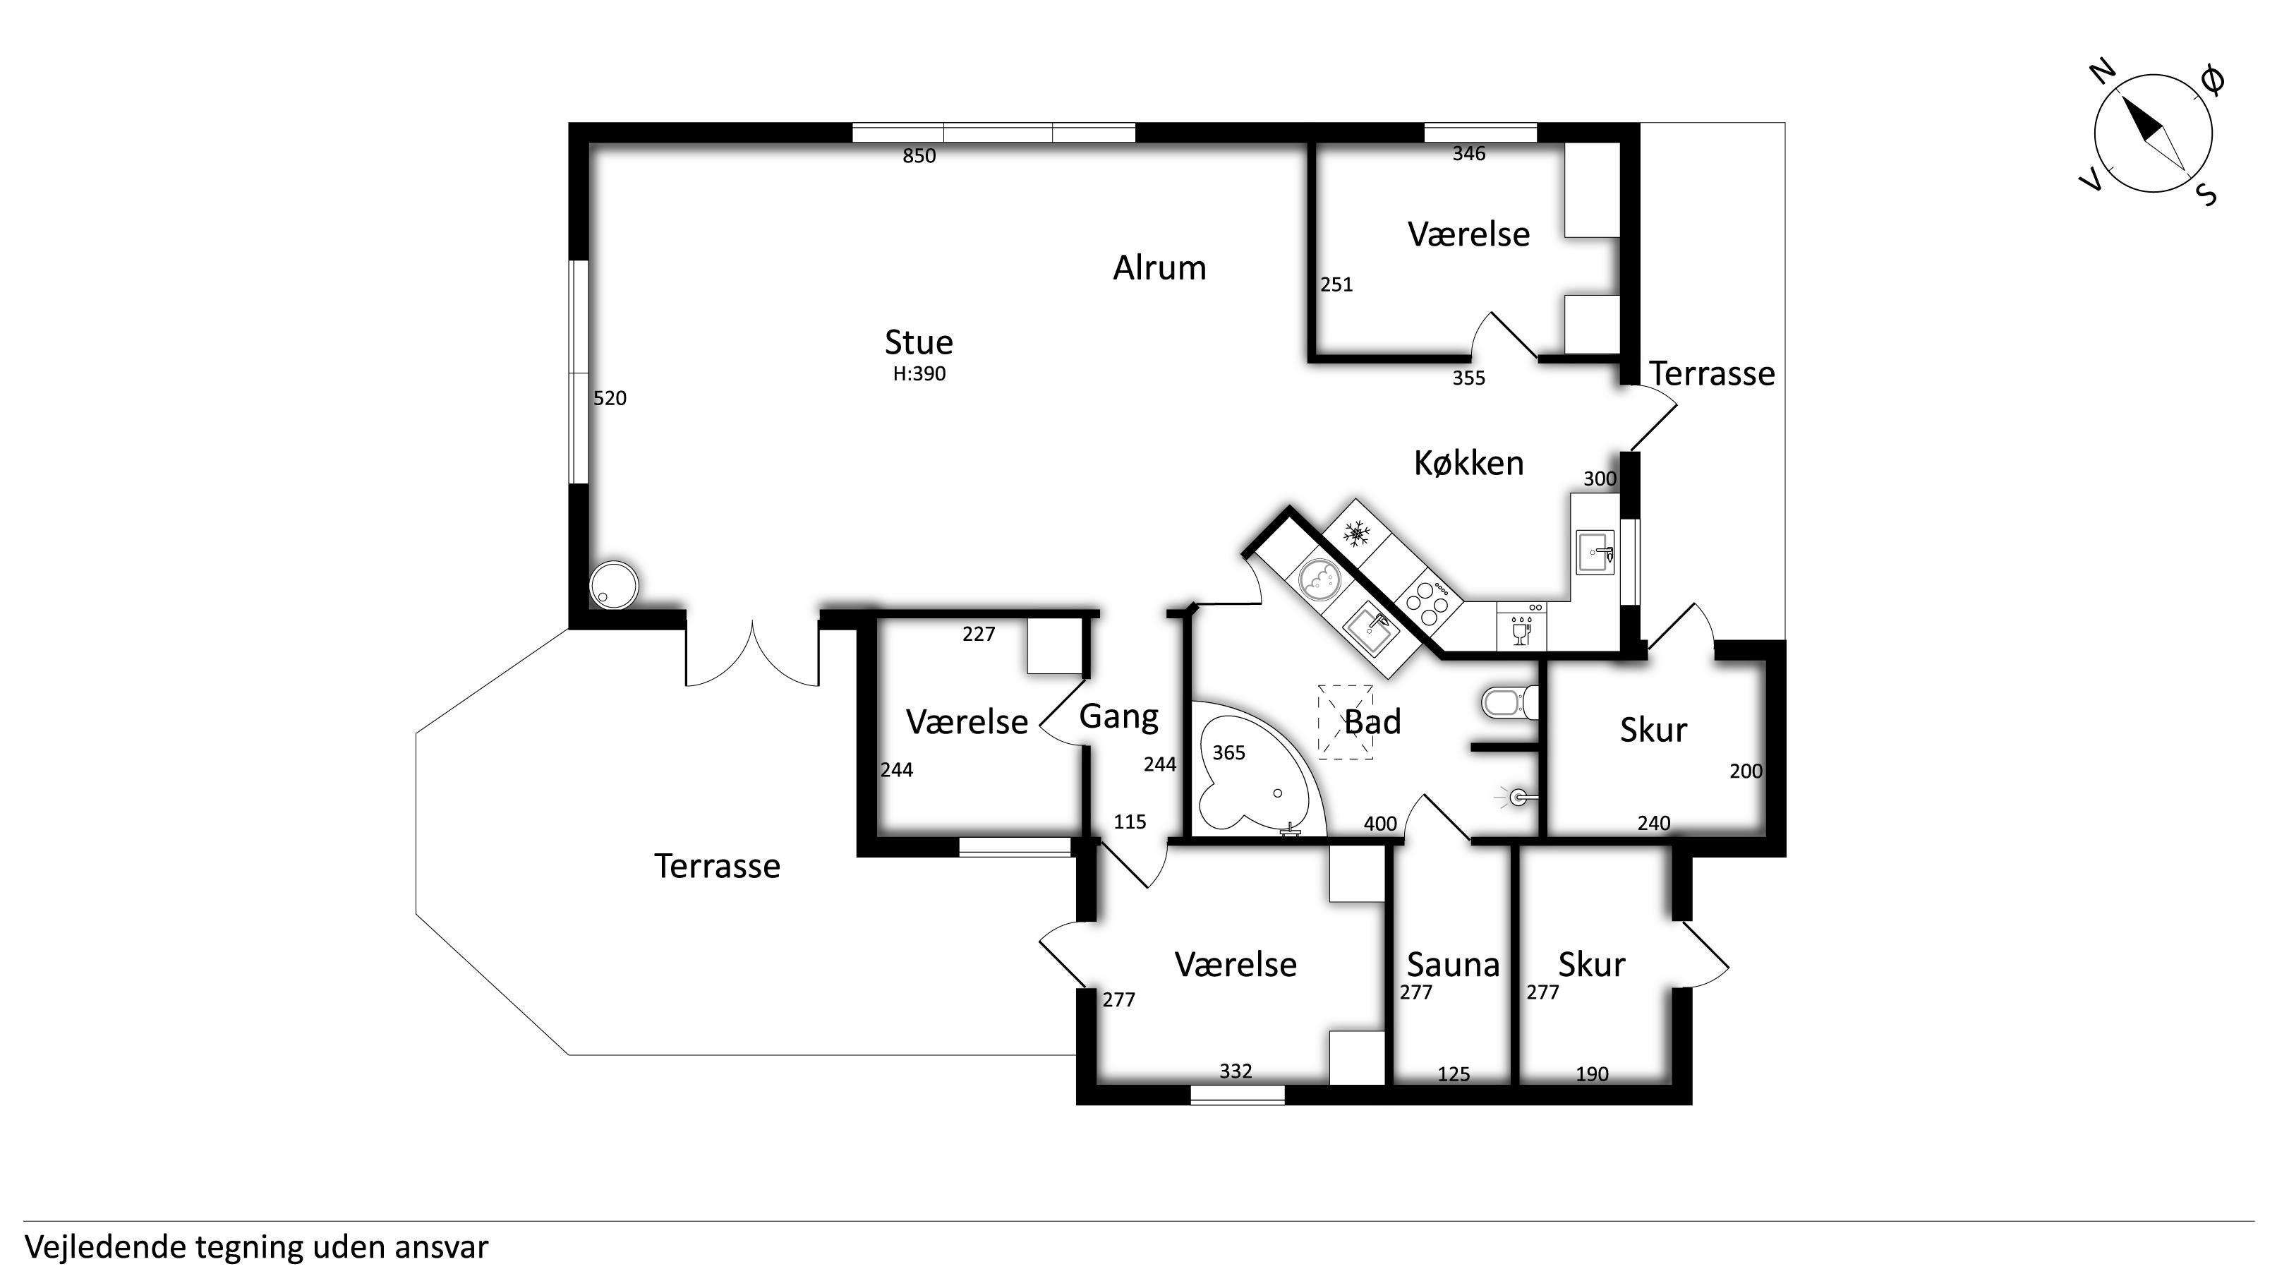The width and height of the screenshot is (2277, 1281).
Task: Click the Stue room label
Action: pos(919,342)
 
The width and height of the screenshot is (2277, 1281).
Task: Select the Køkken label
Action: pos(1468,462)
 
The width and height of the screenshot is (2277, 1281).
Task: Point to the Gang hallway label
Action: pos(1118,717)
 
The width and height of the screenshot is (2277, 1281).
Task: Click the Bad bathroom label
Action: pos(1372,721)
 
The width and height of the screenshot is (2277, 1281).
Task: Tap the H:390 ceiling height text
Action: pos(919,374)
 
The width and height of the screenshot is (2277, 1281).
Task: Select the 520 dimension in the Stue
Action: pos(609,399)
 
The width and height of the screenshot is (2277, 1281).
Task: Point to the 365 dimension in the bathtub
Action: pos(1228,752)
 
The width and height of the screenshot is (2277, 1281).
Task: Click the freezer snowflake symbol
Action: pos(1357,533)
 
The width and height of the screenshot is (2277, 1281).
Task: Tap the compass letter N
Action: pos(2103,71)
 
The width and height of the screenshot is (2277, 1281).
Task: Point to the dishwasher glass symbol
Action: pos(1521,631)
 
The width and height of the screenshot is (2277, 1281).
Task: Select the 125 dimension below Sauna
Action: pos(1453,1074)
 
